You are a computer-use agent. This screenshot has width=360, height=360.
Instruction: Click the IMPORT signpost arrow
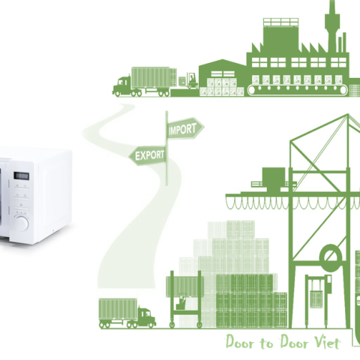coord(185,129)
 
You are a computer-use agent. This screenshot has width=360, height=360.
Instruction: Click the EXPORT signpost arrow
coord(148,155)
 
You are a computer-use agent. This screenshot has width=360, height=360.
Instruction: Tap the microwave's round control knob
coord(21,223)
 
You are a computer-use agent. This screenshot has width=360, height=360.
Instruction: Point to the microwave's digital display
coord(21,175)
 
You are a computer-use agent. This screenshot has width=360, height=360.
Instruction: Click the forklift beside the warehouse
coord(192,80)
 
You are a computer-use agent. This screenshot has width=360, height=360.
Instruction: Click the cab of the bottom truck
coord(147,317)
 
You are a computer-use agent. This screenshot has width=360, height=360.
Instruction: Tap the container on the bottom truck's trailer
coord(118,309)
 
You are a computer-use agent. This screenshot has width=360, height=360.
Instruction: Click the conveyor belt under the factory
coord(298,90)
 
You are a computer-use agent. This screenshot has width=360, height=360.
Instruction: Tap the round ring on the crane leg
coord(331,258)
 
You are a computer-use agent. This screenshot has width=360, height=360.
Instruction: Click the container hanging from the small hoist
coord(316,298)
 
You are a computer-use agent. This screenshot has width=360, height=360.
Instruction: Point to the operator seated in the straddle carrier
coord(181,302)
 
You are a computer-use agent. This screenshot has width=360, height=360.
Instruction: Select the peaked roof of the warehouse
coord(223,63)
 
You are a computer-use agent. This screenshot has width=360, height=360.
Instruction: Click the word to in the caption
coord(266,343)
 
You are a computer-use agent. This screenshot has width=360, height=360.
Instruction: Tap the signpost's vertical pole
coord(166,148)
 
